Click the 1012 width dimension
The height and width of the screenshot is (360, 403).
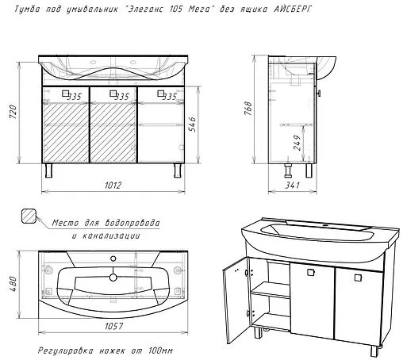(113, 185)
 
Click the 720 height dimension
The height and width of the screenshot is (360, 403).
(13, 111)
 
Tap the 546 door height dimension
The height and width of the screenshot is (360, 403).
(192, 124)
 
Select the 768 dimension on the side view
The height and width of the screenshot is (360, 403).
(248, 108)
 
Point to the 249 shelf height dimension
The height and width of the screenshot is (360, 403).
(297, 143)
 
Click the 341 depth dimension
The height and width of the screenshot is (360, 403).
(292, 185)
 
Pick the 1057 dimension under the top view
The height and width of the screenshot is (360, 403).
(113, 326)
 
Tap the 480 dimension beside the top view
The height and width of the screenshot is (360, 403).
(13, 284)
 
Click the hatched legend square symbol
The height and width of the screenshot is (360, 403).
(29, 216)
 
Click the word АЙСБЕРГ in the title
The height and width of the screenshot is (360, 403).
(293, 10)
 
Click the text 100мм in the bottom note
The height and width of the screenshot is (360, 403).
(160, 350)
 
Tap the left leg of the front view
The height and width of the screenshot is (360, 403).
(48, 170)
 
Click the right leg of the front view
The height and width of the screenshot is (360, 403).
(178, 170)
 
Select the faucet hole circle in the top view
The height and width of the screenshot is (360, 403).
(113, 259)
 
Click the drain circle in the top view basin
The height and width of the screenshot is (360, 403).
(113, 277)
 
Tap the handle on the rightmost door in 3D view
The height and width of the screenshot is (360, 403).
(358, 278)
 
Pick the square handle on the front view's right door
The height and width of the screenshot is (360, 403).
(161, 94)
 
